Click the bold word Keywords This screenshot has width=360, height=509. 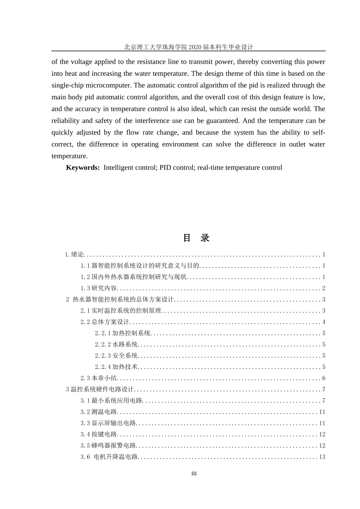click(83, 167)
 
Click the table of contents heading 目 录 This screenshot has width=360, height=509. click(196, 238)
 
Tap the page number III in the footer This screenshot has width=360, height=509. click(194, 473)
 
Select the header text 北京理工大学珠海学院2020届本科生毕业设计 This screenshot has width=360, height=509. click(188, 47)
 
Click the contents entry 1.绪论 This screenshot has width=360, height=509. click(74, 254)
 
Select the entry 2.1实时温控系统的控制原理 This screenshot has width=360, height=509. click(121, 311)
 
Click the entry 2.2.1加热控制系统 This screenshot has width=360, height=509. click(123, 333)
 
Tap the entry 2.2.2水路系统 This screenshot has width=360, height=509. click(116, 345)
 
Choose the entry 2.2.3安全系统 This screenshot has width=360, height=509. click(116, 356)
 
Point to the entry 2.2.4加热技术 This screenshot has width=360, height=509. click(116, 367)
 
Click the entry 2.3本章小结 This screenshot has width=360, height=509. click(99, 378)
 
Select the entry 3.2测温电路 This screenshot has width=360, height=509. click(99, 412)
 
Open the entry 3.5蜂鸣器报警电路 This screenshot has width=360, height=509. click(108, 446)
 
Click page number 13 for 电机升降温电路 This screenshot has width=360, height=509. click(322, 457)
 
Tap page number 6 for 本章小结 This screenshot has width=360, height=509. click(324, 378)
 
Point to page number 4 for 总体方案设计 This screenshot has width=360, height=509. click(324, 322)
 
